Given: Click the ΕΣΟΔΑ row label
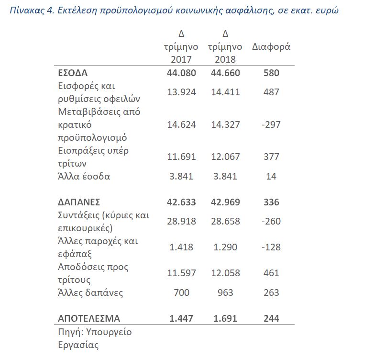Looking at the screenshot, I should click(73, 73).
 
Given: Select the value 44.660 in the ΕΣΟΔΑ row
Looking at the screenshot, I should click(225, 73).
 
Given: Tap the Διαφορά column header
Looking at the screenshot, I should click(271, 47).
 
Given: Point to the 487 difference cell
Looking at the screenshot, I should click(271, 92).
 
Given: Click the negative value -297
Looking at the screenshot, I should click(271, 124).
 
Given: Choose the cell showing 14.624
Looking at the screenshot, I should click(181, 124).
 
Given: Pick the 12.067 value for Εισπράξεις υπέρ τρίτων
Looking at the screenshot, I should click(225, 157).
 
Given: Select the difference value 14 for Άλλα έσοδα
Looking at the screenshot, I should click(271, 176).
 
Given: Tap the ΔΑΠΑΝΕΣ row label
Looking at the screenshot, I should click(78, 202).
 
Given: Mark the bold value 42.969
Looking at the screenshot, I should click(225, 202).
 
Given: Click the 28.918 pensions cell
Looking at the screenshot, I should click(181, 221).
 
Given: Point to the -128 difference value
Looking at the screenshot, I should click(271, 247).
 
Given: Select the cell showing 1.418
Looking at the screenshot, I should click(181, 247).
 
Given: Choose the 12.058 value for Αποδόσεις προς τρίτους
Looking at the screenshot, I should click(225, 273).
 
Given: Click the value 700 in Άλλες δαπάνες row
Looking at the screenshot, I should click(181, 292).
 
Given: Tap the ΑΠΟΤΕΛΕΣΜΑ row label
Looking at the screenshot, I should click(89, 318).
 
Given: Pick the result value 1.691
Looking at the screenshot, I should click(225, 318).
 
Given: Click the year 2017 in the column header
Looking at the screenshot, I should click(181, 59).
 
